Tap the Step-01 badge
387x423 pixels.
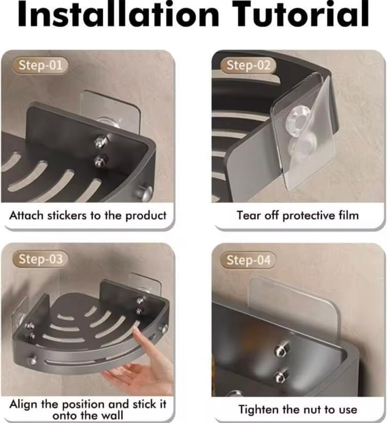click(x=41, y=65)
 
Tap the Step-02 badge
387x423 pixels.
click(x=248, y=65)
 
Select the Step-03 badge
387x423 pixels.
click(x=41, y=259)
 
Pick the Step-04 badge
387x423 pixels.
click(x=248, y=260)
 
